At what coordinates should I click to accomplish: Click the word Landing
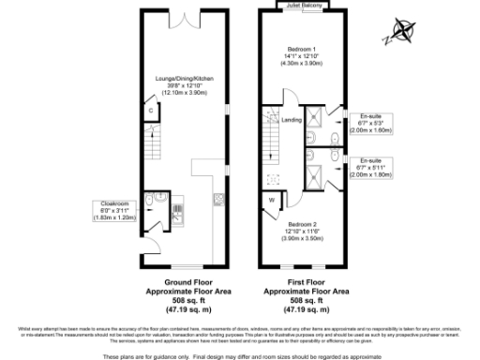click(292, 120)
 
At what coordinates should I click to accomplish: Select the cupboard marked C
click(151, 111)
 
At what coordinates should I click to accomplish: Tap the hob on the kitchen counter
click(217, 199)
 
